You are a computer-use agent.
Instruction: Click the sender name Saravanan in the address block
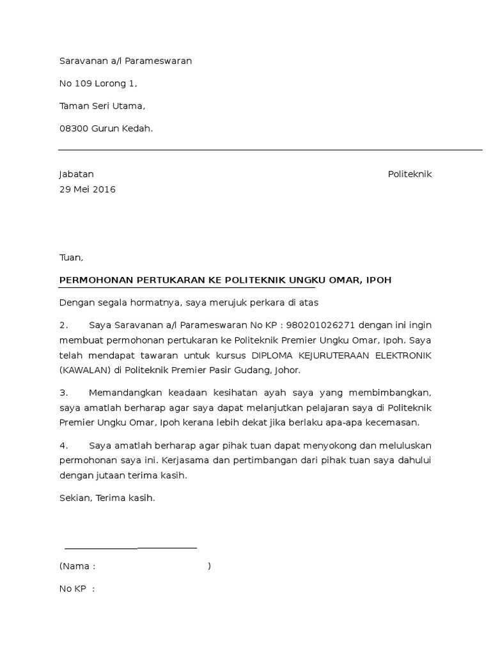pyautogui.click(x=82, y=61)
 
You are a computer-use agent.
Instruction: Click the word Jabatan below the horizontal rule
pyautogui.click(x=76, y=174)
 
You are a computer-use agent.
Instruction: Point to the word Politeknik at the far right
pyautogui.click(x=410, y=174)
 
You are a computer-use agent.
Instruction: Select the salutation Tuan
pyautogui.click(x=70, y=258)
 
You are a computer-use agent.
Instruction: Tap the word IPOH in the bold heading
pyautogui.click(x=378, y=280)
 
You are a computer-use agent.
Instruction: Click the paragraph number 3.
pyautogui.click(x=63, y=392)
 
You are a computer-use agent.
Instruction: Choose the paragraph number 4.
pyautogui.click(x=63, y=445)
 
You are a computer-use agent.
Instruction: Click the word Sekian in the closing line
pyautogui.click(x=75, y=498)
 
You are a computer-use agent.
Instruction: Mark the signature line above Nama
pyautogui.click(x=130, y=548)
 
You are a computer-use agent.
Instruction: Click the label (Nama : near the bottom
pyautogui.click(x=77, y=566)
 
